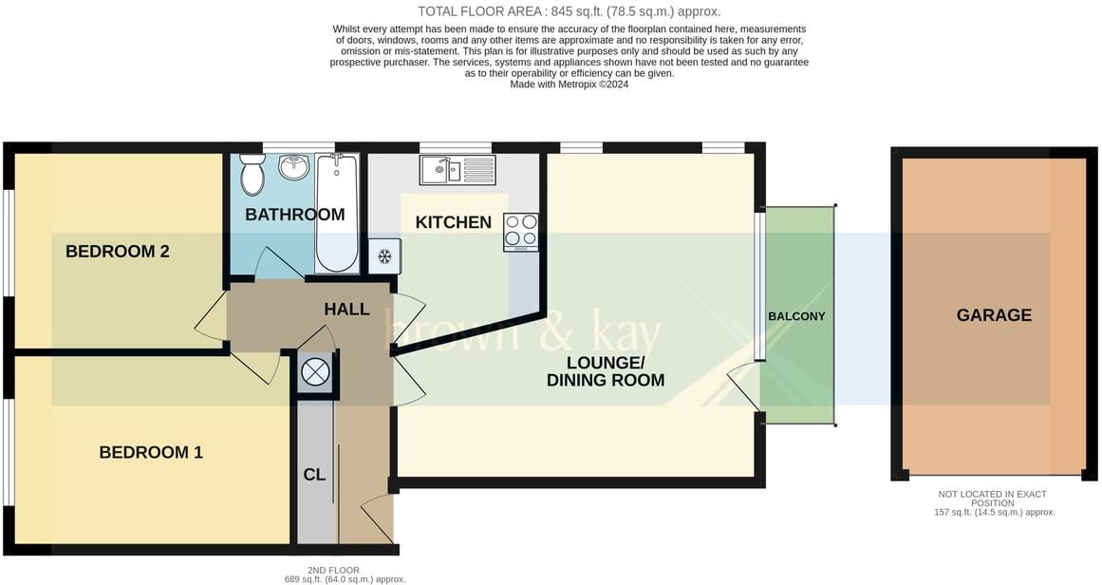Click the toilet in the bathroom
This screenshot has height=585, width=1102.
tap(252, 175)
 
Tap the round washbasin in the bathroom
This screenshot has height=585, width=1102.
tap(293, 167)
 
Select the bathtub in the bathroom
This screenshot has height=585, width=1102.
tap(337, 213)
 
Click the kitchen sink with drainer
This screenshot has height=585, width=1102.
tap(458, 171)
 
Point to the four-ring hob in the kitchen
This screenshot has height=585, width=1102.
tap(520, 231)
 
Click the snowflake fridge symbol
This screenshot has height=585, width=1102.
tap(384, 256)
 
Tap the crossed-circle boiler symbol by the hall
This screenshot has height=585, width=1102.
tap(314, 372)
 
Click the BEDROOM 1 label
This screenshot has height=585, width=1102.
tap(151, 453)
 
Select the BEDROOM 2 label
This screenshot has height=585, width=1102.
tap(117, 252)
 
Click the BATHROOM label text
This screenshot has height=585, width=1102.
tap(294, 215)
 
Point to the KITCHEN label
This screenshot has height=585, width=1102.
tap(453, 223)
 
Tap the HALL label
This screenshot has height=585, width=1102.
tap(346, 310)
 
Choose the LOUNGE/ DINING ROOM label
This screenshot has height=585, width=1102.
tap(605, 371)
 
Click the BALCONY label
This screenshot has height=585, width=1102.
tap(796, 316)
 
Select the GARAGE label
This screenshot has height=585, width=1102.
tap(994, 315)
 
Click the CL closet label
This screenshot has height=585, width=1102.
tap(314, 475)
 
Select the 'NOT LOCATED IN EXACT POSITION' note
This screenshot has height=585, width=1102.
tap(994, 498)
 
